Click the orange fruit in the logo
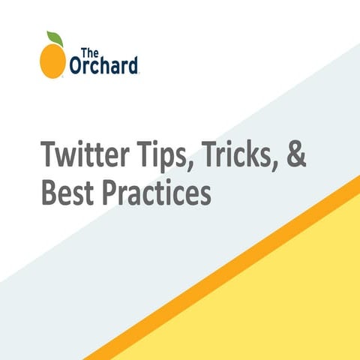(x=52, y=59)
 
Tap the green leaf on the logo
(x=55, y=38)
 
